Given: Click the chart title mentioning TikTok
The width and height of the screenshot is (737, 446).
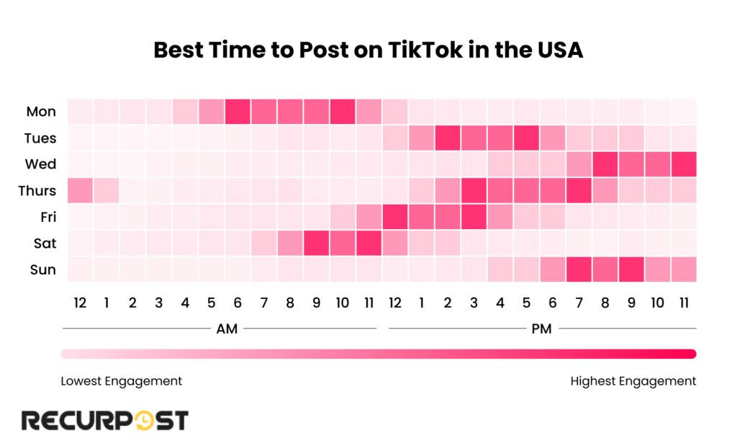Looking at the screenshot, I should click(x=368, y=51).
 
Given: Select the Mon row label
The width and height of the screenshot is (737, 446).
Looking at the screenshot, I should click(x=41, y=112).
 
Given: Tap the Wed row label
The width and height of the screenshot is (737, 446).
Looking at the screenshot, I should click(x=41, y=164).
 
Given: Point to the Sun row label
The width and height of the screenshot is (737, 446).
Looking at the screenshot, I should click(x=42, y=269).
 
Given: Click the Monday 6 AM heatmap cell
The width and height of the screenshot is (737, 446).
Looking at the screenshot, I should click(x=238, y=112).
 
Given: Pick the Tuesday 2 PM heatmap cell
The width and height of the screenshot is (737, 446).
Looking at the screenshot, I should click(x=448, y=138).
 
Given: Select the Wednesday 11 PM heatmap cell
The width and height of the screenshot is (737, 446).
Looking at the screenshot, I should click(x=683, y=164).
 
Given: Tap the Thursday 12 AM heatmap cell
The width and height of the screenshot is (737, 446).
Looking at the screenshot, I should click(x=80, y=190).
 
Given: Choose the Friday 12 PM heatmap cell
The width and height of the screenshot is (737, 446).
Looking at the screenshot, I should click(x=394, y=217).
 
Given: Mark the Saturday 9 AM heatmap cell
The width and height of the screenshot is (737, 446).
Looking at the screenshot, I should click(x=316, y=243).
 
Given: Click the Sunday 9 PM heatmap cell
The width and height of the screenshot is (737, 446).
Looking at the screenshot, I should click(x=630, y=269).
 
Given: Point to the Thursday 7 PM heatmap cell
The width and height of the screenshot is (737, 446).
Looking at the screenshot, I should click(x=578, y=190).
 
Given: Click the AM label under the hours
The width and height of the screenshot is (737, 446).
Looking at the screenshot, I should click(x=227, y=329).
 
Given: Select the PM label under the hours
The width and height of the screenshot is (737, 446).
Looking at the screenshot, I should click(x=541, y=329).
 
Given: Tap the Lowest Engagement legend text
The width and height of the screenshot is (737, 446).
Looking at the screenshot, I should click(x=121, y=381).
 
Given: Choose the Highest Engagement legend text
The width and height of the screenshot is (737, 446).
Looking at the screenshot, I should click(x=633, y=381).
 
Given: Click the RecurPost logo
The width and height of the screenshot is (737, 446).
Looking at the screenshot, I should click(x=104, y=420).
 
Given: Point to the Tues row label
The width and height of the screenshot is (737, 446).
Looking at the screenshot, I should click(x=41, y=138).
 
